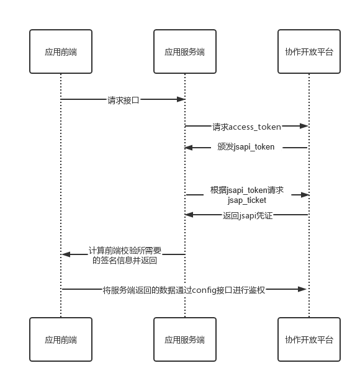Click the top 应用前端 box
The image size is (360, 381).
(61, 52)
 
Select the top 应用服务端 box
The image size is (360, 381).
(185, 52)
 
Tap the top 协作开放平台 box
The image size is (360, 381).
(309, 52)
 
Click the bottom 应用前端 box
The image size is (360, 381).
(61, 339)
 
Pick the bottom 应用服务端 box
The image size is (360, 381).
(185, 339)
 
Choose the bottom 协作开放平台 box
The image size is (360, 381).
(309, 339)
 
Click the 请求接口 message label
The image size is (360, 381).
(123, 99)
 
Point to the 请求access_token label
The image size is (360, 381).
(246, 127)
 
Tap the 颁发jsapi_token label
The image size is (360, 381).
(246, 148)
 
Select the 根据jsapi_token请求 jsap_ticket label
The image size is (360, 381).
(246, 195)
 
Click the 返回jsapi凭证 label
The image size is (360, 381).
(247, 215)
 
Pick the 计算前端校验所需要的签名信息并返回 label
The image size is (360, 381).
(124, 255)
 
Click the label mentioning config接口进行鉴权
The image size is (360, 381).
(184, 289)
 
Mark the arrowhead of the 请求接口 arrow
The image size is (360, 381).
(181, 99)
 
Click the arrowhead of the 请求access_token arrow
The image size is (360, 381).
(305, 126)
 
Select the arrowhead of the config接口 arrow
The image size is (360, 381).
(305, 289)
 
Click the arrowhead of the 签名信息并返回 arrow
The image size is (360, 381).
(66, 254)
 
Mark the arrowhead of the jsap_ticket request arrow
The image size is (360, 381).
(305, 195)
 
